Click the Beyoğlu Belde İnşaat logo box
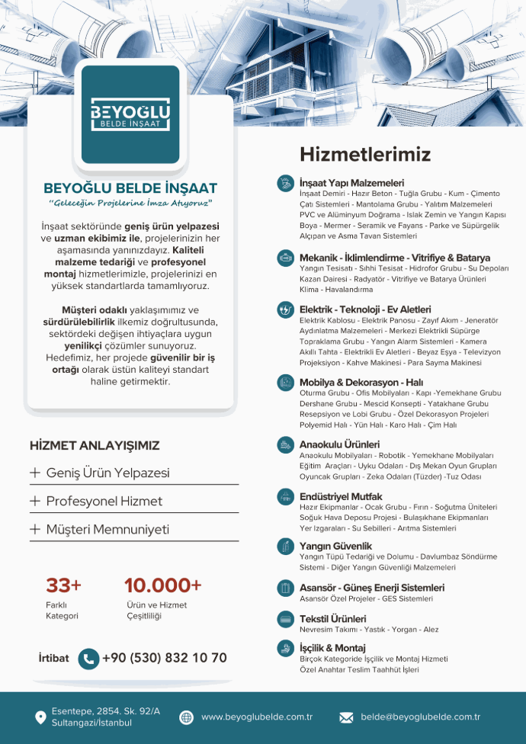[x=130, y=114]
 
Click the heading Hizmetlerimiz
[x=364, y=154]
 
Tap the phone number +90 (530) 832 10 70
[x=164, y=658]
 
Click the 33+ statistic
[x=63, y=585]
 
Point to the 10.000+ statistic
[x=162, y=585]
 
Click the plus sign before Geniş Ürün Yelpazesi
[x=35, y=473]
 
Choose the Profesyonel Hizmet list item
[x=104, y=501]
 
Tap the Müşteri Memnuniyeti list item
[x=107, y=529]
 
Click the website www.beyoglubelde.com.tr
[x=257, y=717]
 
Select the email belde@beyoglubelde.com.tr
[x=420, y=717]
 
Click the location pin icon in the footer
[x=40, y=717]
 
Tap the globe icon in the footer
[x=186, y=717]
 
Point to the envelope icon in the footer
[x=346, y=717]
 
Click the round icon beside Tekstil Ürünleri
[x=285, y=619]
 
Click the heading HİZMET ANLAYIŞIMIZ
[x=95, y=446]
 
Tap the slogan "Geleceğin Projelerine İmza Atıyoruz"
[x=130, y=204]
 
